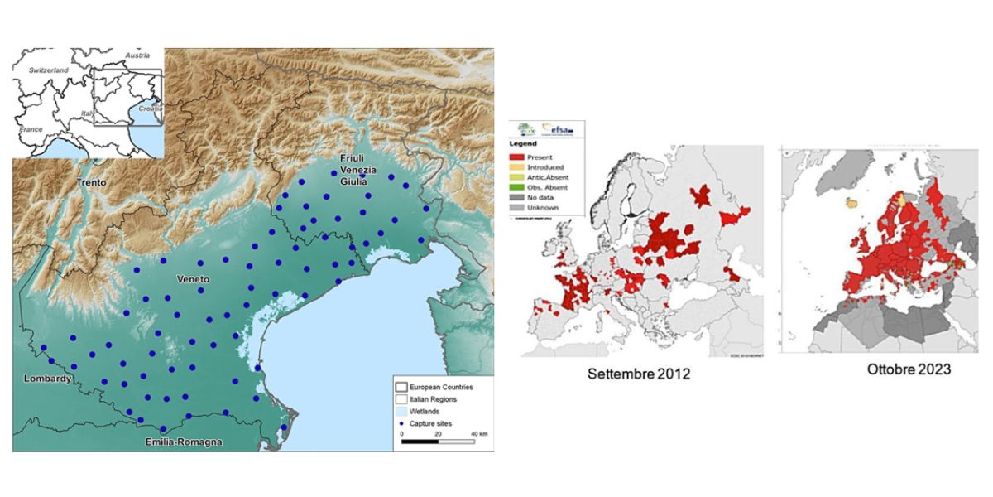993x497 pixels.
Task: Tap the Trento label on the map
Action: (x=93, y=181)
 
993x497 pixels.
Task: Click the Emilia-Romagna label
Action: (x=180, y=442)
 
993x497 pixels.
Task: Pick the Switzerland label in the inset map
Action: (x=49, y=70)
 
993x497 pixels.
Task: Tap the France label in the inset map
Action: (x=31, y=129)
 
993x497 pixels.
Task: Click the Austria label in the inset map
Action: (x=137, y=55)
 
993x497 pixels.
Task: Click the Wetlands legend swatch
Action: (x=401, y=411)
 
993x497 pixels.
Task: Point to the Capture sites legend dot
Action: (x=401, y=423)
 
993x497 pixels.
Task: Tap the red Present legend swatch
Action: (x=518, y=157)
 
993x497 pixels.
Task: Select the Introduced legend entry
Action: (x=545, y=167)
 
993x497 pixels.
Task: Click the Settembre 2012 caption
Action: (x=638, y=374)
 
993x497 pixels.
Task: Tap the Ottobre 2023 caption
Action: (x=909, y=369)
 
